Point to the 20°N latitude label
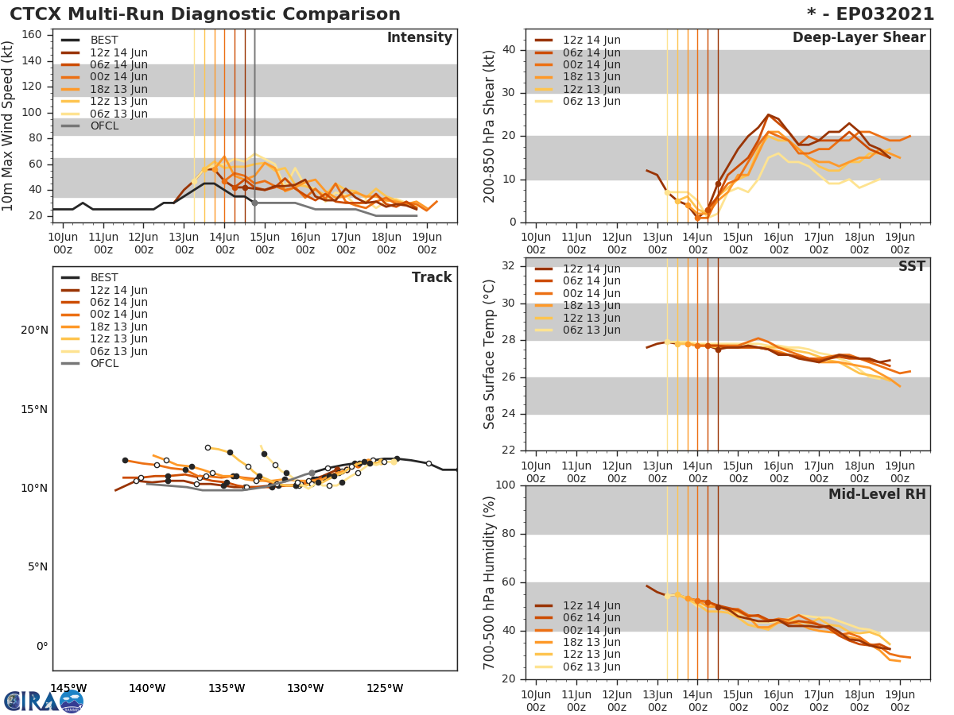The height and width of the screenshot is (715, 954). tap(34, 330)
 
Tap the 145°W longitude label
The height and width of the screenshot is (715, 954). tap(68, 688)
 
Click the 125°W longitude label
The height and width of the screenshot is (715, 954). tap(385, 688)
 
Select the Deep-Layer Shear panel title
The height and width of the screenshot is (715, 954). tap(859, 38)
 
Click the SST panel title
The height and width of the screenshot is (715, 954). tap(911, 267)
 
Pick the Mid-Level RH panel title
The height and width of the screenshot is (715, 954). tap(876, 495)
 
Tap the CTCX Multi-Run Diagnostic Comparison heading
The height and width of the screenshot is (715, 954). tap(205, 14)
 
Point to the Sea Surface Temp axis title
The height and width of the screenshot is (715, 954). tap(491, 354)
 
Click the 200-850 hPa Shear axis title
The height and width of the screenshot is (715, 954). tap(491, 126)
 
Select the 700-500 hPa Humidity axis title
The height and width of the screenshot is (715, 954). tap(491, 582)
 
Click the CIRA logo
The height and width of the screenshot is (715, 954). tap(44, 701)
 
